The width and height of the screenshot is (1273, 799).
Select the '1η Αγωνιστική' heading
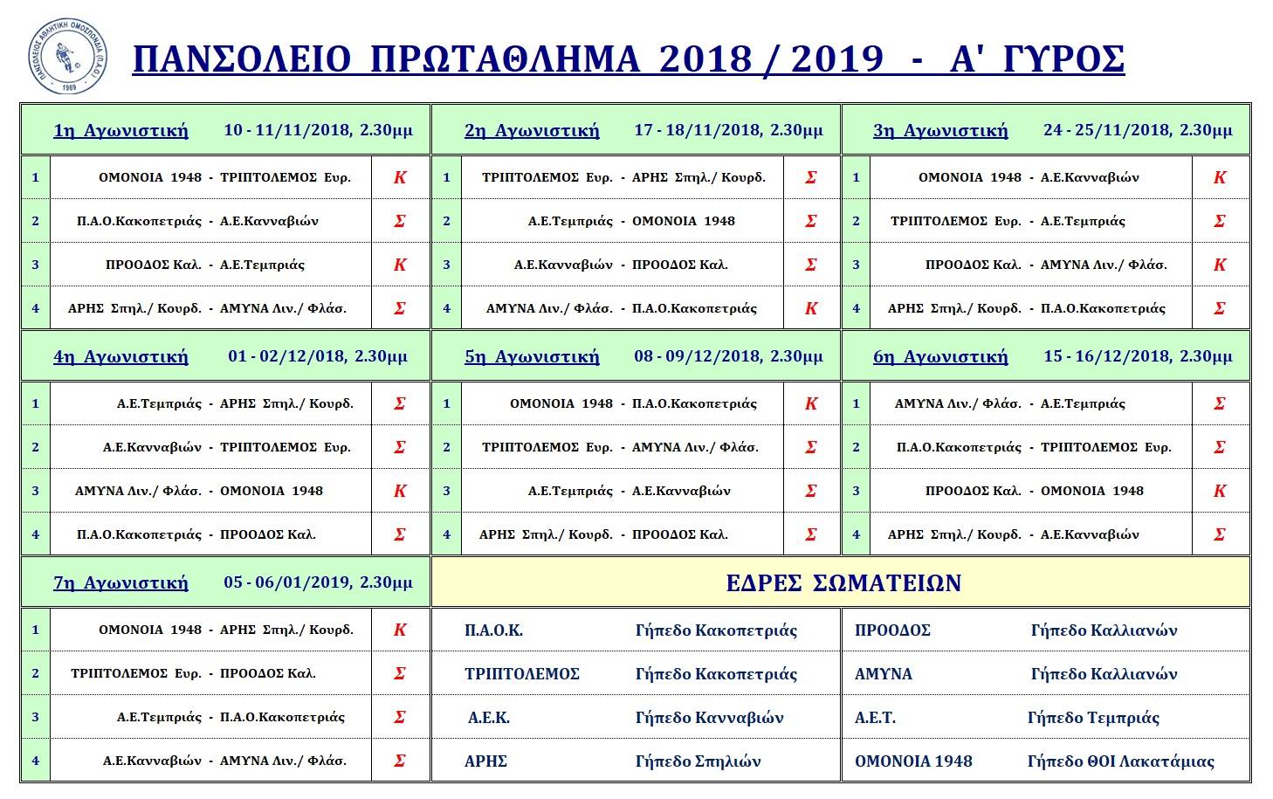pos(120,131)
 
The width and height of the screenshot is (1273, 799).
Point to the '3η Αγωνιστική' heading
pos(940,131)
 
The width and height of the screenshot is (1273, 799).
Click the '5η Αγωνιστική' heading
pos(532,356)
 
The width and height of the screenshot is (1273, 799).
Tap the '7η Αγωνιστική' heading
pos(120,582)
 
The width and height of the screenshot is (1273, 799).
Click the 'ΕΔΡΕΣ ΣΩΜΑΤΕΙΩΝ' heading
pos(843,583)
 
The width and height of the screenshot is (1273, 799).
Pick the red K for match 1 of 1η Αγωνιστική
pos(400,177)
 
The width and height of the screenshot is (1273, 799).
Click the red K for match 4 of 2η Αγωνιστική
pos(811,308)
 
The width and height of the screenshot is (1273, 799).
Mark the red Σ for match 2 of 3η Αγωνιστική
pos(1220,221)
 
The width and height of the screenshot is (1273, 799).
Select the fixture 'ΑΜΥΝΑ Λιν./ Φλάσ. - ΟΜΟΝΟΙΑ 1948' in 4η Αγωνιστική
pos(199,491)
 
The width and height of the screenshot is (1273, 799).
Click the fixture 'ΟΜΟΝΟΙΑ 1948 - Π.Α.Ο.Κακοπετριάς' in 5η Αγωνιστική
pos(633,403)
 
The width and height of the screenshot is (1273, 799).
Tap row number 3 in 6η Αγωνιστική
pos(856,491)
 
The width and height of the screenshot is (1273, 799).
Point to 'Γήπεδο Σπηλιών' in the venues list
pos(698,761)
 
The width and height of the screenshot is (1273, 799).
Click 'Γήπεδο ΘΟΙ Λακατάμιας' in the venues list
pos(1120,761)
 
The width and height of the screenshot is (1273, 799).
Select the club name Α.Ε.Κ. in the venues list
pos(489,718)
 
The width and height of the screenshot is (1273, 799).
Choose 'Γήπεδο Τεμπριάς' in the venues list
pos(1093,718)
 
